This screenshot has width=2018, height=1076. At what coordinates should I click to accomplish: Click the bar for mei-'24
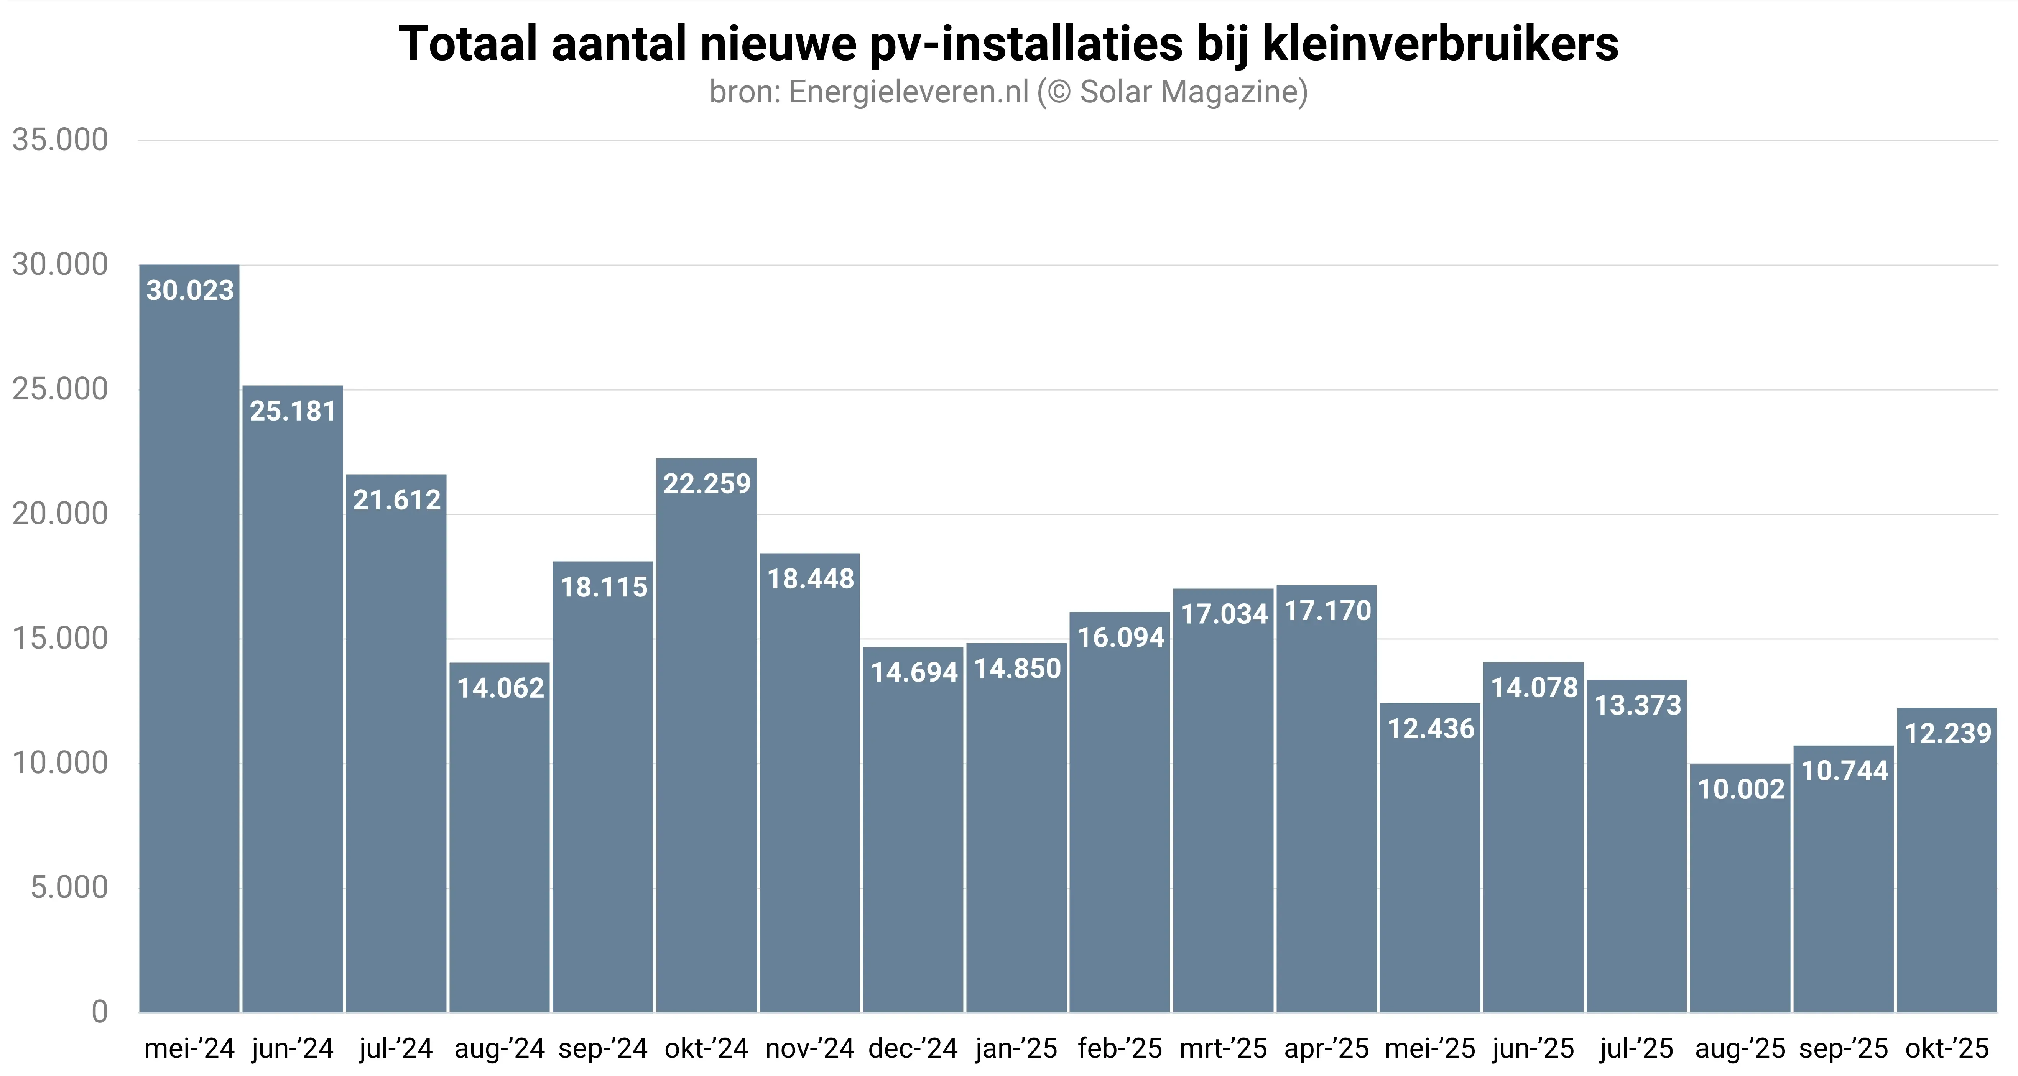189,638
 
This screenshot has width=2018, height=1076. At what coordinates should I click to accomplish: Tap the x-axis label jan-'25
1016,1048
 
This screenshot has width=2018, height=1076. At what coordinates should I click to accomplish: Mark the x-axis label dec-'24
913,1048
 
